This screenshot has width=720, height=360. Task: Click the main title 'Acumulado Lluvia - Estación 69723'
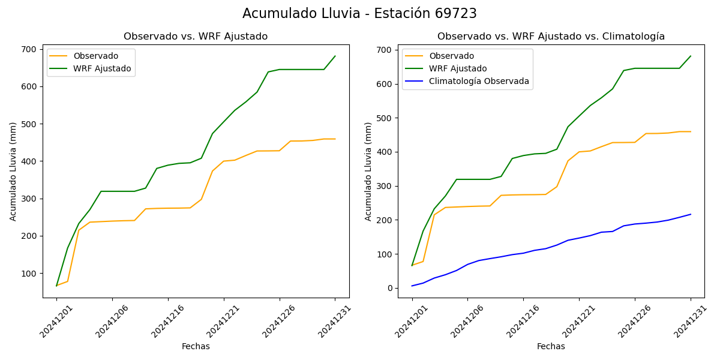359,14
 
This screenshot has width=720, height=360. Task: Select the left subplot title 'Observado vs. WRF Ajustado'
196,37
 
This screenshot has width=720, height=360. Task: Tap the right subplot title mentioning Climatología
551,37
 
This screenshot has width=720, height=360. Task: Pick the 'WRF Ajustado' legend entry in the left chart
102,68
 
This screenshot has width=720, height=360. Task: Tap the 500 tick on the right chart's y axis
385,118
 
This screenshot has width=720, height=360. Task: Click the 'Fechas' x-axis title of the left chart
196,346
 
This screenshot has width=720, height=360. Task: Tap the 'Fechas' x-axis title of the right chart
551,346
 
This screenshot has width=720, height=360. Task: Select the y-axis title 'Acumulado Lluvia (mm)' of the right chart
368,172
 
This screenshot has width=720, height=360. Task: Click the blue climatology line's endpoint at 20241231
691,214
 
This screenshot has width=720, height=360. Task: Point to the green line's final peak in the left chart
335,56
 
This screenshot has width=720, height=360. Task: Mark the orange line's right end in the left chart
335,139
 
